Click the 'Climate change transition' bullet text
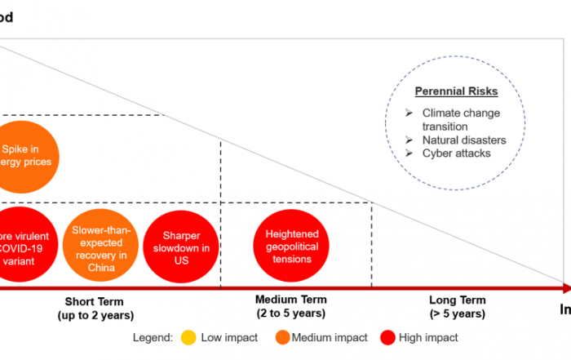click(461, 119)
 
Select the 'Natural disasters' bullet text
click(463, 140)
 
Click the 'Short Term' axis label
click(95, 301)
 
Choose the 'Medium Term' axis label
click(290, 300)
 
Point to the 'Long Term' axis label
click(457, 300)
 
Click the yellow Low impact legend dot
click(188, 337)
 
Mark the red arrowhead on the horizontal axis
click(564, 287)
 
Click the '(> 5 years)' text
click(457, 313)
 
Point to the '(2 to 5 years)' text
click(290, 313)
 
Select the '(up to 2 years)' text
click(95, 315)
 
